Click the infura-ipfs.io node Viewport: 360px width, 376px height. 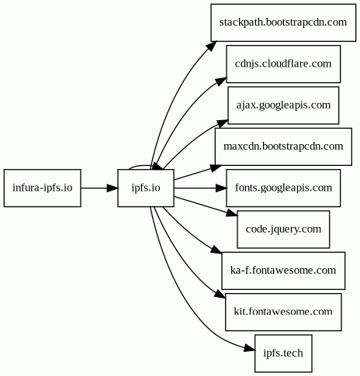(43, 188)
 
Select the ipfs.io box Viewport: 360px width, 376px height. (146, 188)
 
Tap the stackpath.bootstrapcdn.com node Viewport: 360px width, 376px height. (283, 22)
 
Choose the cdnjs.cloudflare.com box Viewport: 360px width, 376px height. (283, 64)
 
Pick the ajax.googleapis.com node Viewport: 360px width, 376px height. (283, 105)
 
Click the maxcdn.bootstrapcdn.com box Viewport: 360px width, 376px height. (283, 147)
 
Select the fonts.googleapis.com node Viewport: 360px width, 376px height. (283, 188)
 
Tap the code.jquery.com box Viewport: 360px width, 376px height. (283, 229)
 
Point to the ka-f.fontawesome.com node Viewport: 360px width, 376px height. (283, 271)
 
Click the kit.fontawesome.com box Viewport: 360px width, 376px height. (283, 312)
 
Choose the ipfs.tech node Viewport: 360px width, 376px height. (283, 354)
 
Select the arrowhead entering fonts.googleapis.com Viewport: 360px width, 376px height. (221, 188)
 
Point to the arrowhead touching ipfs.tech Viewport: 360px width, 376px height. (250, 349)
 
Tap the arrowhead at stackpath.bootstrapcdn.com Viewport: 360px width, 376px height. (212, 46)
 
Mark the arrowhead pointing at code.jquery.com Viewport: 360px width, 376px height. (232, 213)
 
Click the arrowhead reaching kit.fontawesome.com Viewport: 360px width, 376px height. (220, 294)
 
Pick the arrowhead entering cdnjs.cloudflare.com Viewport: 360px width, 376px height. (221, 81)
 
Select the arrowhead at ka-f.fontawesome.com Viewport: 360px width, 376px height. (216, 250)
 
